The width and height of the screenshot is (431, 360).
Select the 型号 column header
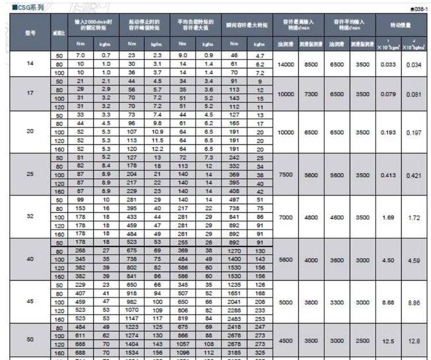click(30, 33)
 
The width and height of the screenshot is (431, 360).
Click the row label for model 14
click(30, 63)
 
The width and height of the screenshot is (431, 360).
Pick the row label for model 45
click(30, 302)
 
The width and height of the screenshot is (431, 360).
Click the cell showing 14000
click(286, 64)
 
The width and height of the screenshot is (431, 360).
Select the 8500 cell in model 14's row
click(311, 64)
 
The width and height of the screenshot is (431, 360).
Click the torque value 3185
click(237, 353)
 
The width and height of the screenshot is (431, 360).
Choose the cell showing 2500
click(362, 340)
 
